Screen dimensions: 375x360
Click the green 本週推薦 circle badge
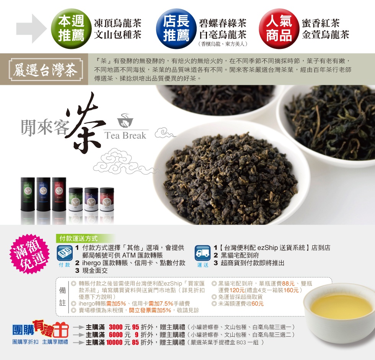pyautogui.click(x=71, y=29)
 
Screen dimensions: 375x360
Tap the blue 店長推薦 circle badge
pyautogui.click(x=176, y=29)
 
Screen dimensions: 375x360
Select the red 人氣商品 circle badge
pyautogui.click(x=279, y=29)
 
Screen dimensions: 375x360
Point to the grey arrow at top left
pyautogui.click(x=31, y=29)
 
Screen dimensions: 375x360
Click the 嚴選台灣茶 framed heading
pyautogui.click(x=46, y=70)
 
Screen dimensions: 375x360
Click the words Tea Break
pyautogui.click(x=126, y=135)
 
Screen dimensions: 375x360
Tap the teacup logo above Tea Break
pyautogui.click(x=125, y=120)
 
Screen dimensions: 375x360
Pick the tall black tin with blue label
pyautogui.click(x=43, y=194)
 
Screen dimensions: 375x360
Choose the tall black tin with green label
pyautogui.click(x=28, y=194)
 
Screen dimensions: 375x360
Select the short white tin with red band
pyautogui.click(x=107, y=199)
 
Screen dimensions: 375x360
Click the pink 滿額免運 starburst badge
pyautogui.click(x=29, y=254)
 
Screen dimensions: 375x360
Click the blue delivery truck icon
pyautogui.click(x=202, y=253)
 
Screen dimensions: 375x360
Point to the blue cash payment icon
pyautogui.click(x=65, y=253)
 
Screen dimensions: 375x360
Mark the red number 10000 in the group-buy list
pyautogui.click(x=114, y=342)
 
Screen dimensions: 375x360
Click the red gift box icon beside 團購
pyautogui.click(x=61, y=330)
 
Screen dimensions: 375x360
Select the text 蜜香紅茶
pyautogui.click(x=321, y=23)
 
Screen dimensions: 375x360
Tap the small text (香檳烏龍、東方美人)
pyautogui.click(x=223, y=44)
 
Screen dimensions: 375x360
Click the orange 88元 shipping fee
pyautogui.click(x=288, y=284)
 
